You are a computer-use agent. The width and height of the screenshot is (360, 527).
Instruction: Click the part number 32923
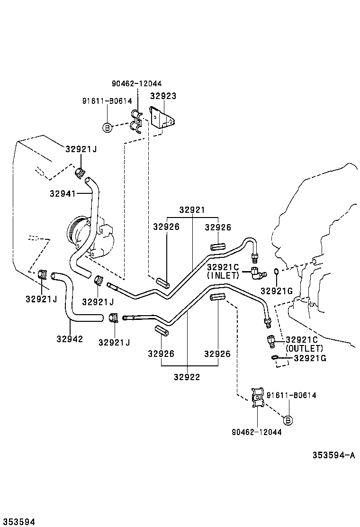[163, 96]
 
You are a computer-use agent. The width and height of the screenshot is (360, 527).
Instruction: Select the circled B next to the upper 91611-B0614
[107, 127]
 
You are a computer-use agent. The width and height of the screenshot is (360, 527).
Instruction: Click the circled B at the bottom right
[288, 420]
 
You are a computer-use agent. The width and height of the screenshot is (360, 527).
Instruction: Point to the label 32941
[63, 193]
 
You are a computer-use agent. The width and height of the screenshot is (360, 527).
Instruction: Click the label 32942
[70, 339]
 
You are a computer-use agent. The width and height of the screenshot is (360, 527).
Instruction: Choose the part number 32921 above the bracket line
[192, 210]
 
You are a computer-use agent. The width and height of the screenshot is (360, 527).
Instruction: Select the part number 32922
[187, 377]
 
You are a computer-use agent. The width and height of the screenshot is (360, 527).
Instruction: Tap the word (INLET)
[223, 275]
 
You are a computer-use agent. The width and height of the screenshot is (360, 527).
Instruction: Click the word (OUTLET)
[304, 348]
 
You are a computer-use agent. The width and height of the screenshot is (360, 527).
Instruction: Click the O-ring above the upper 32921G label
[276, 272]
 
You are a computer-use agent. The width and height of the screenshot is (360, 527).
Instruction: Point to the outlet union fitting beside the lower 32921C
[270, 342]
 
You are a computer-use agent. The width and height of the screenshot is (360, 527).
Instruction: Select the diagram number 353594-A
[333, 455]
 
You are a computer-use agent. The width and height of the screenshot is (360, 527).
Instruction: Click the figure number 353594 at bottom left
[18, 522]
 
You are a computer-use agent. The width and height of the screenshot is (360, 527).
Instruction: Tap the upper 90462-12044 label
[137, 83]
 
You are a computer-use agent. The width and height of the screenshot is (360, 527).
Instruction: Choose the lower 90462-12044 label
[257, 432]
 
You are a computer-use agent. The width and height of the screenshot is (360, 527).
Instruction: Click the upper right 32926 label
[218, 227]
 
